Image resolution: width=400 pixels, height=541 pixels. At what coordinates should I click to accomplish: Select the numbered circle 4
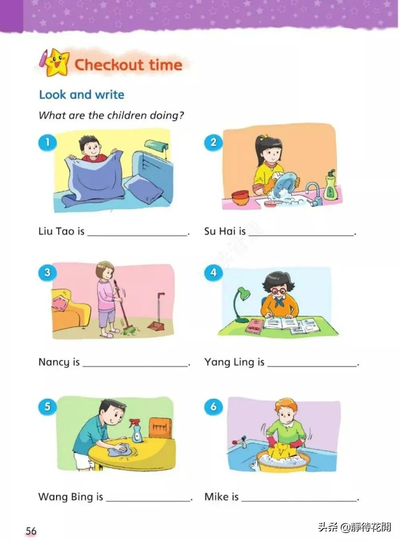click(214, 272)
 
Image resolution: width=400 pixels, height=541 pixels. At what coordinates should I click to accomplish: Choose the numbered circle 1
click(48, 142)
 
